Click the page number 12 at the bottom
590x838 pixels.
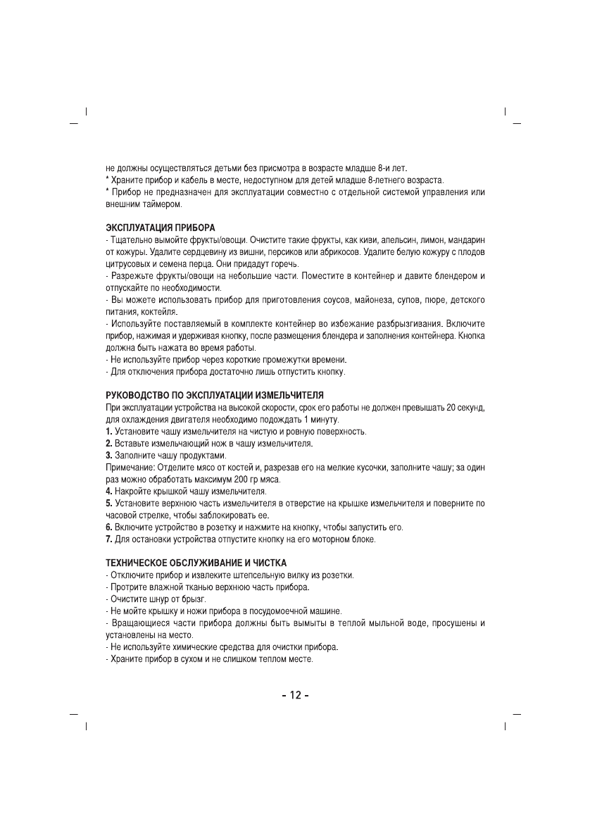click(x=295, y=696)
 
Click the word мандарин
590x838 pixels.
click(x=465, y=241)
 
